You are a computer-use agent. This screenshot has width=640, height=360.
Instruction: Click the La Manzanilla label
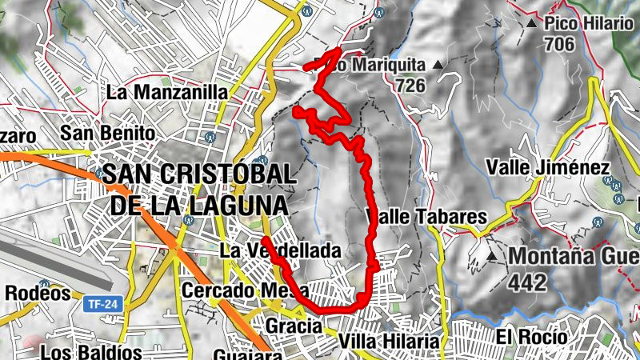[166, 92]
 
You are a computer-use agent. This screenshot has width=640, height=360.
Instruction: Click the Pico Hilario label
[588, 24]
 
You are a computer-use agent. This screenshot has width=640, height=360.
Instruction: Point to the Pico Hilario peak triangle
[532, 25]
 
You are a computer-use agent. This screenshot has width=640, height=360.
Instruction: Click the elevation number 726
[409, 82]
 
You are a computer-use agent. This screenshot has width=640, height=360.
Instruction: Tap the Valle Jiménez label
[548, 168]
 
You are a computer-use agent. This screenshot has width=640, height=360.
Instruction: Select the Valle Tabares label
[426, 217]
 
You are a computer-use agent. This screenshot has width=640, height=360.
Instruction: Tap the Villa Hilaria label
[389, 342]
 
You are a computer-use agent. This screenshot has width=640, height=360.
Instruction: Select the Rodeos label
[38, 294]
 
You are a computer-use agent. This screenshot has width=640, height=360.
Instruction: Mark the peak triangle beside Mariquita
[437, 64]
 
